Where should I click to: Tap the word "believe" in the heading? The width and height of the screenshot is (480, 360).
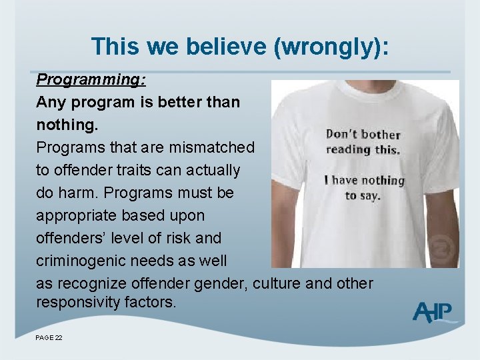[x=223, y=47]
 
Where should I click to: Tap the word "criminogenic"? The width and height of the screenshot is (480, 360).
[x=84, y=261]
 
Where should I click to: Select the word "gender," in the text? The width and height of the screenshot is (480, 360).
[x=221, y=283]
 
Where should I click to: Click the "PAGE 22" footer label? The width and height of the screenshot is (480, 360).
[x=49, y=338]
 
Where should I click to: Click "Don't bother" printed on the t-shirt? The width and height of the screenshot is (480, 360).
[x=363, y=135]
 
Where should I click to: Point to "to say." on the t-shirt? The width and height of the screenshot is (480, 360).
[x=362, y=196]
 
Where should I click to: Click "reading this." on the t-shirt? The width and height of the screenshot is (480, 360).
[x=363, y=149]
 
